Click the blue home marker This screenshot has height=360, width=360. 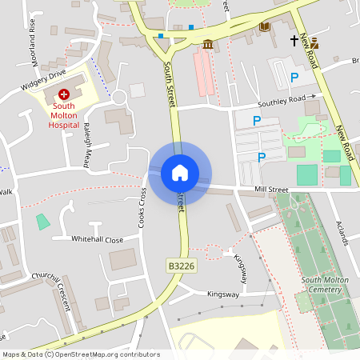tap(180, 172)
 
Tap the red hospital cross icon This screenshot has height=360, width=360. tap(65, 94)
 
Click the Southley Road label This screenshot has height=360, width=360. tap(282, 101)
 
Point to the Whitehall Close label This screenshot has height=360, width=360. tap(97, 239)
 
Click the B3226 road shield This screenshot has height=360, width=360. tap(180, 265)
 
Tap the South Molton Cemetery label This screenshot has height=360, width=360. tap(328, 284)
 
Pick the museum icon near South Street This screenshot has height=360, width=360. tap(208, 44)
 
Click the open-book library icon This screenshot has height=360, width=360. tap(264, 27)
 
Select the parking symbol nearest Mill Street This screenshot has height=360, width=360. tap(261, 157)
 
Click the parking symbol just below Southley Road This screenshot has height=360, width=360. tap(257, 121)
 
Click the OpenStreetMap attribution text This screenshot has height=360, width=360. tap(80, 354)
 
